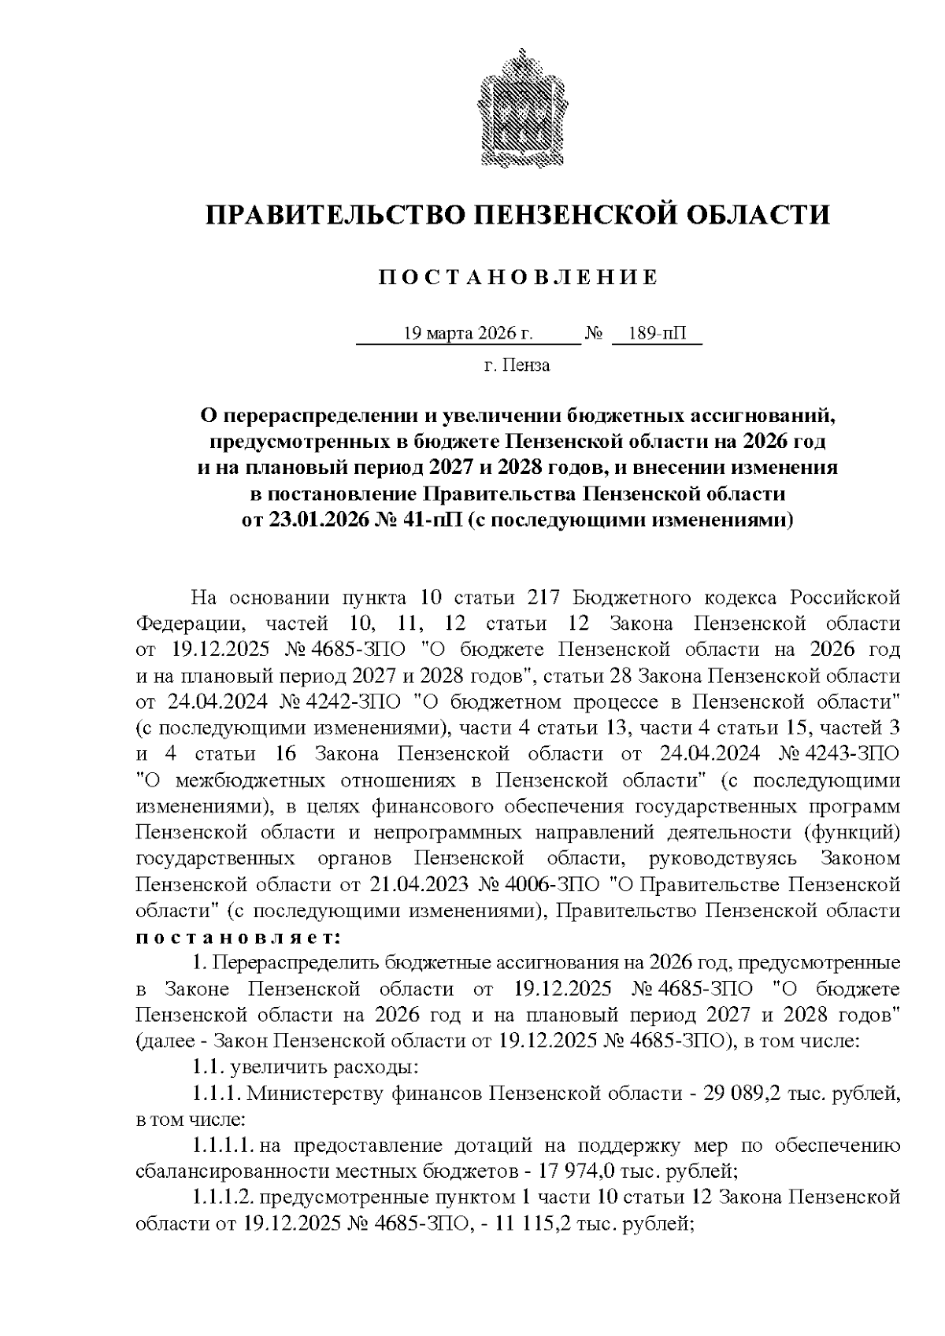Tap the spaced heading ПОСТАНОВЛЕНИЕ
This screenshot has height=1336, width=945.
point(517,278)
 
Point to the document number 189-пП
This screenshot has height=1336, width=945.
point(658,334)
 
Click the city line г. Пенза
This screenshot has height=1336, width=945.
point(517,365)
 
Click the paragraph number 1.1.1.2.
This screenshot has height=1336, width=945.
point(222,1197)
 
